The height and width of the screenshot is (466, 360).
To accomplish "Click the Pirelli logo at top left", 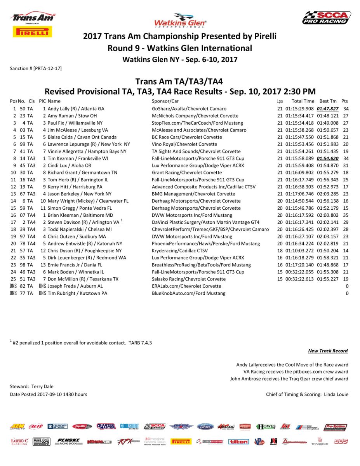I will [33, 32].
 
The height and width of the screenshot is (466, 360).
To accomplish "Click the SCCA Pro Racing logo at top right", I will [327, 18].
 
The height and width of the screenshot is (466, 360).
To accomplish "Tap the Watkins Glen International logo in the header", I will [180, 20].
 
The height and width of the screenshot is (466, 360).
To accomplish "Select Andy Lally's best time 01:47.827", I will [327, 109].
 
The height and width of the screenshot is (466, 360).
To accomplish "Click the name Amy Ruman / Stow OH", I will [72, 116].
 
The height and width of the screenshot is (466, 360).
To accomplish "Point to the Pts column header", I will [344, 101].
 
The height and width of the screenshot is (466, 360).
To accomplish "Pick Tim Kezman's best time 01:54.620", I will [327, 158].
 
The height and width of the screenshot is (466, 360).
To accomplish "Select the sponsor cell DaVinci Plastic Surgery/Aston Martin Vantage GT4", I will [205, 222].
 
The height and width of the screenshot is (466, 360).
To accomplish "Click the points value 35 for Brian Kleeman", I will [345, 215].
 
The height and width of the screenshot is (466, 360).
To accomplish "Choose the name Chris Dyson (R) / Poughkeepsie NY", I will [84, 250].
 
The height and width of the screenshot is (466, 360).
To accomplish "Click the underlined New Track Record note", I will [328, 351].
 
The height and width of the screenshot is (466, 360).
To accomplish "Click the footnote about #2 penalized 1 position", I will [82, 343].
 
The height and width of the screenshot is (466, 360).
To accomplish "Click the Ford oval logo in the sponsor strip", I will [205, 426].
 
